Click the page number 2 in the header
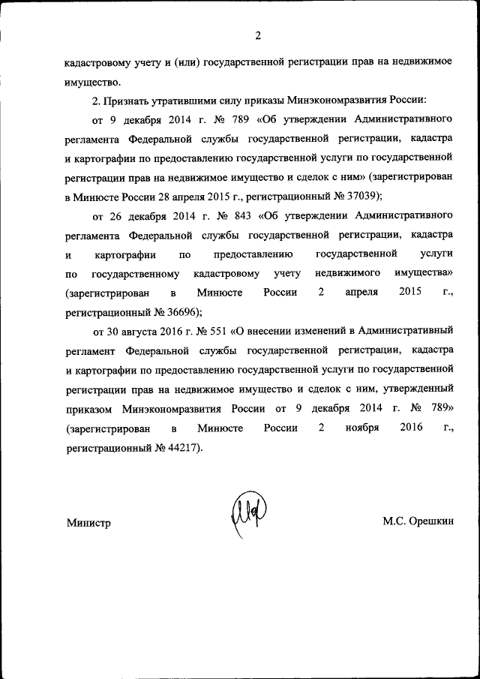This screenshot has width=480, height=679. click(x=257, y=35)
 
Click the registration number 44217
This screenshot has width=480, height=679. click(x=184, y=447)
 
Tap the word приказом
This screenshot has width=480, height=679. click(x=88, y=408)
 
